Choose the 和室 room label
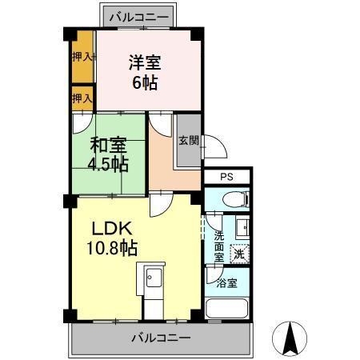pyautogui.click(x=107, y=146)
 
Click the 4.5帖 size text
pyautogui.click(x=107, y=166)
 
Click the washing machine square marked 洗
pyautogui.click(x=238, y=254)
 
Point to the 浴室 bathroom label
pyautogui.click(x=227, y=282)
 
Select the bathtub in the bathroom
pyautogui.click(x=227, y=310)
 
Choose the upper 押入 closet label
pyautogui.click(x=82, y=57)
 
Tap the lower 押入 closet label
pyautogui.click(x=82, y=98)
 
